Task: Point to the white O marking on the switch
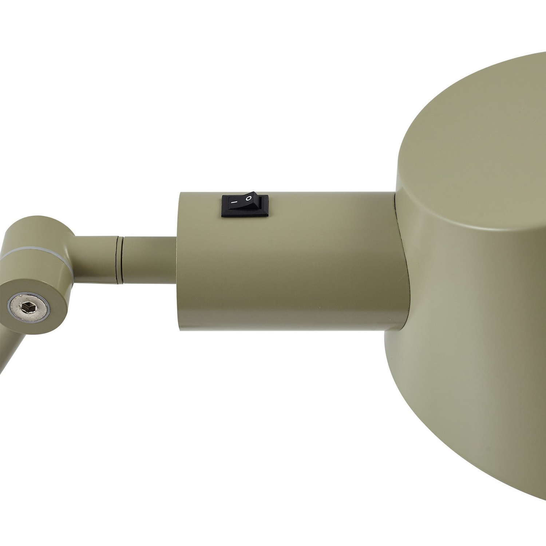point(249,198)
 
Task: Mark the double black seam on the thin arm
point(120,259)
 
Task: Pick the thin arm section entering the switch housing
point(149,259)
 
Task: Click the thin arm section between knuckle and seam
point(96,258)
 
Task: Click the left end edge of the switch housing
point(178,262)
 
